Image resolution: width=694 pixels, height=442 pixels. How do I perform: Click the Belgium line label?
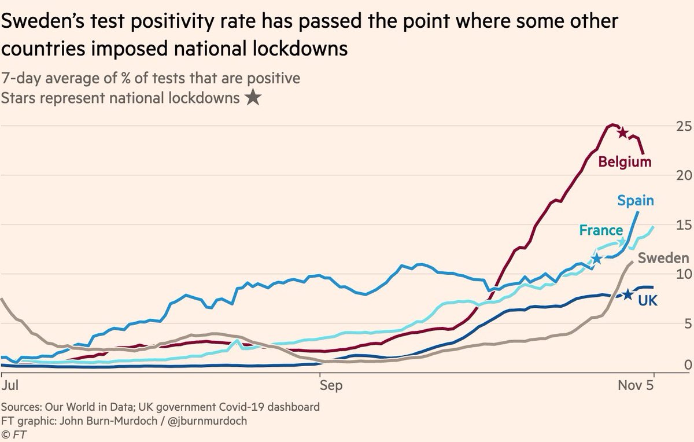[625, 162]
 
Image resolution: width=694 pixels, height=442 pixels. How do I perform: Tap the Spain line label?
[636, 201]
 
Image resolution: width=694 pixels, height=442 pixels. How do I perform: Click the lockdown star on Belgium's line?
[623, 133]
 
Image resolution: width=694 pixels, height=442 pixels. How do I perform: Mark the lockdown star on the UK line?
[628, 294]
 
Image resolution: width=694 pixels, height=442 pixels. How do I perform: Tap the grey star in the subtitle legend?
[252, 98]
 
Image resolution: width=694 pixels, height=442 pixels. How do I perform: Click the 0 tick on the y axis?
[671, 364]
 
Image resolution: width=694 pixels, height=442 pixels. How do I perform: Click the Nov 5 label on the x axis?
[642, 384]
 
